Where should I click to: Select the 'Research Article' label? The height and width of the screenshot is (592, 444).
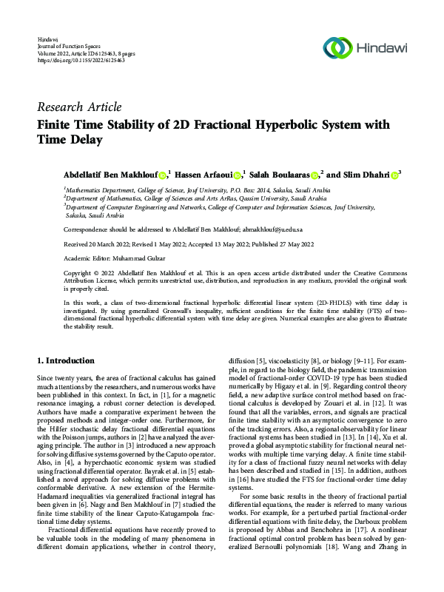click(79, 107)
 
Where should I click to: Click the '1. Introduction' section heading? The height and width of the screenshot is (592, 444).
click(66, 360)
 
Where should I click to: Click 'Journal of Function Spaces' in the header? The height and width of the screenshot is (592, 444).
click(70, 46)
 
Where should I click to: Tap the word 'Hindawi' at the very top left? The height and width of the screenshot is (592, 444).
click(47, 38)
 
